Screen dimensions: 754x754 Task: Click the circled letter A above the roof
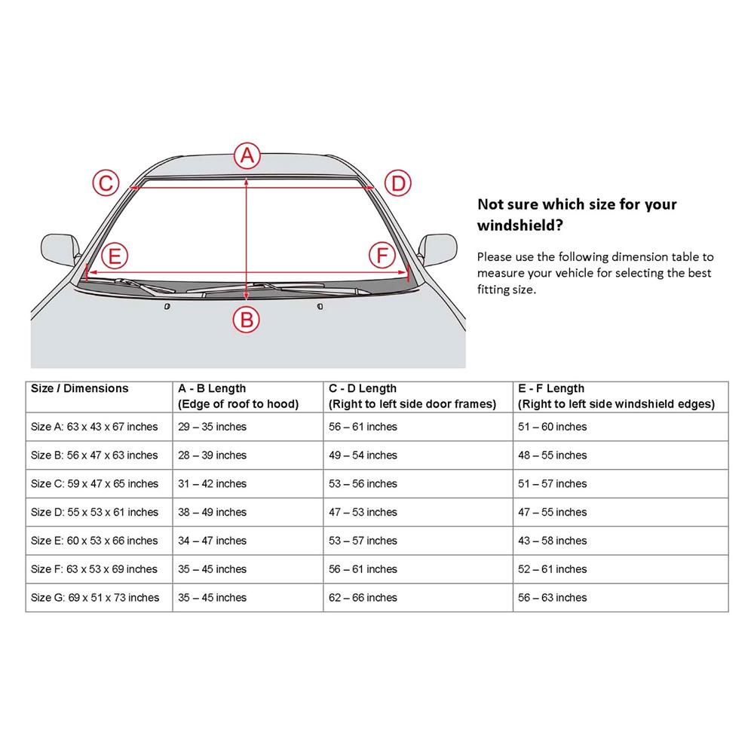[x=247, y=155]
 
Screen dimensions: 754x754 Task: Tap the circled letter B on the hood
[x=247, y=320]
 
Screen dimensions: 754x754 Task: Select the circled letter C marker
[x=106, y=182]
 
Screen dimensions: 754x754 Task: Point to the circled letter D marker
[x=398, y=183]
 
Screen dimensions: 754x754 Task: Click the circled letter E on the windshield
[x=115, y=256]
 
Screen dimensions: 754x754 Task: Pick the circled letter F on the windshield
[x=382, y=256]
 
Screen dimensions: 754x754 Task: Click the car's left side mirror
[x=60, y=249]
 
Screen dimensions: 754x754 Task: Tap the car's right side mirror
[x=437, y=249]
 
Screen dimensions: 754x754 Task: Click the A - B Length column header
[x=238, y=397]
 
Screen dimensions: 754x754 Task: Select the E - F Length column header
[x=616, y=397]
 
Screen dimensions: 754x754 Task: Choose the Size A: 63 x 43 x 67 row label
[x=94, y=427]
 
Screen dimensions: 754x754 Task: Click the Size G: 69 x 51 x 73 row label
[x=95, y=598]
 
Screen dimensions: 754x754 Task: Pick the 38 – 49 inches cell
[x=212, y=512]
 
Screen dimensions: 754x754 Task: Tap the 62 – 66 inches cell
[x=363, y=598]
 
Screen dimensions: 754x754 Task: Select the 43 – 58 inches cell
[x=553, y=541]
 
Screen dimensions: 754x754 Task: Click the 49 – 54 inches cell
[x=363, y=455]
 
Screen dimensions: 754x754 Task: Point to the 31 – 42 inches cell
[x=212, y=484]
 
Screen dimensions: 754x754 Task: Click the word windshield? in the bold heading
[x=520, y=225]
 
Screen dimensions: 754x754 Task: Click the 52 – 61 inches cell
[x=553, y=569]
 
